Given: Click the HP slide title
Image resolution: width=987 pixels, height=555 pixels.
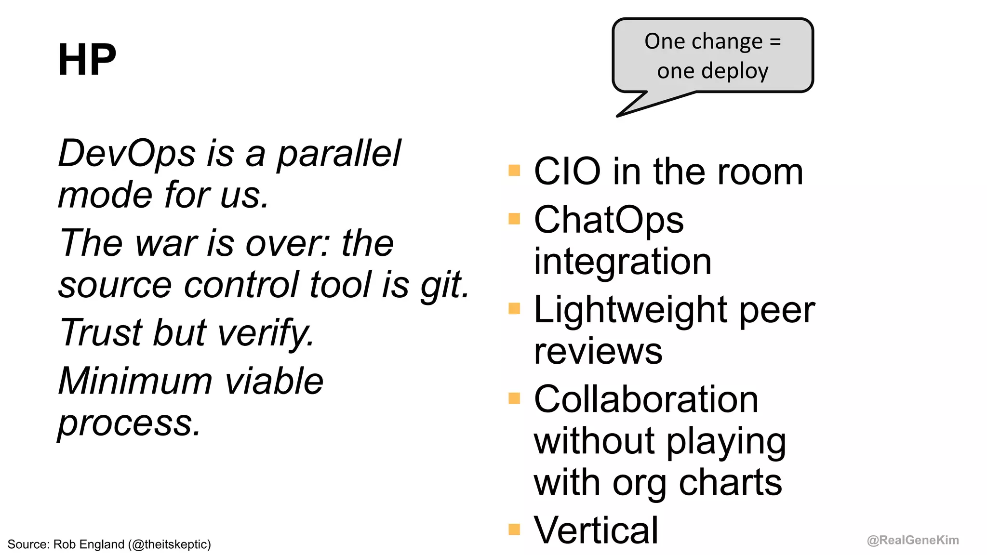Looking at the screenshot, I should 87,60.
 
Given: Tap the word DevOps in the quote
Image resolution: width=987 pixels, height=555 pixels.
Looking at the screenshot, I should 126,153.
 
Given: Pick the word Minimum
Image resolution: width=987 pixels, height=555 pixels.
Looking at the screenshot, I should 135,381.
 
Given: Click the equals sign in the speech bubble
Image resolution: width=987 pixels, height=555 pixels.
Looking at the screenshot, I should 775,41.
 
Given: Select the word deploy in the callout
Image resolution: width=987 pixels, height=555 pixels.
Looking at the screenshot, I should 734,71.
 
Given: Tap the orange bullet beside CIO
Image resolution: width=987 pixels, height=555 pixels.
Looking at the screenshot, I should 514,171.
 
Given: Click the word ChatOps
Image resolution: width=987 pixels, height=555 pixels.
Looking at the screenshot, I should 608,220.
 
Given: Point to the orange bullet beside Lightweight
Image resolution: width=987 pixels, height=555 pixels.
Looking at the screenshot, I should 514,308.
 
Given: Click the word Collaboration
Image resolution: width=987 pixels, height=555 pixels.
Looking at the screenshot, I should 646,399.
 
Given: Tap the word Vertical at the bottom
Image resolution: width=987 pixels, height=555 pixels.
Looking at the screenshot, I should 596,530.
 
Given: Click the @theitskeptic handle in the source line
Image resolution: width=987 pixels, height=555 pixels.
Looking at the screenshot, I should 171,544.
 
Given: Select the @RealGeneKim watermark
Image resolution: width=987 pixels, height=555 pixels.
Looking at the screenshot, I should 912,540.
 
